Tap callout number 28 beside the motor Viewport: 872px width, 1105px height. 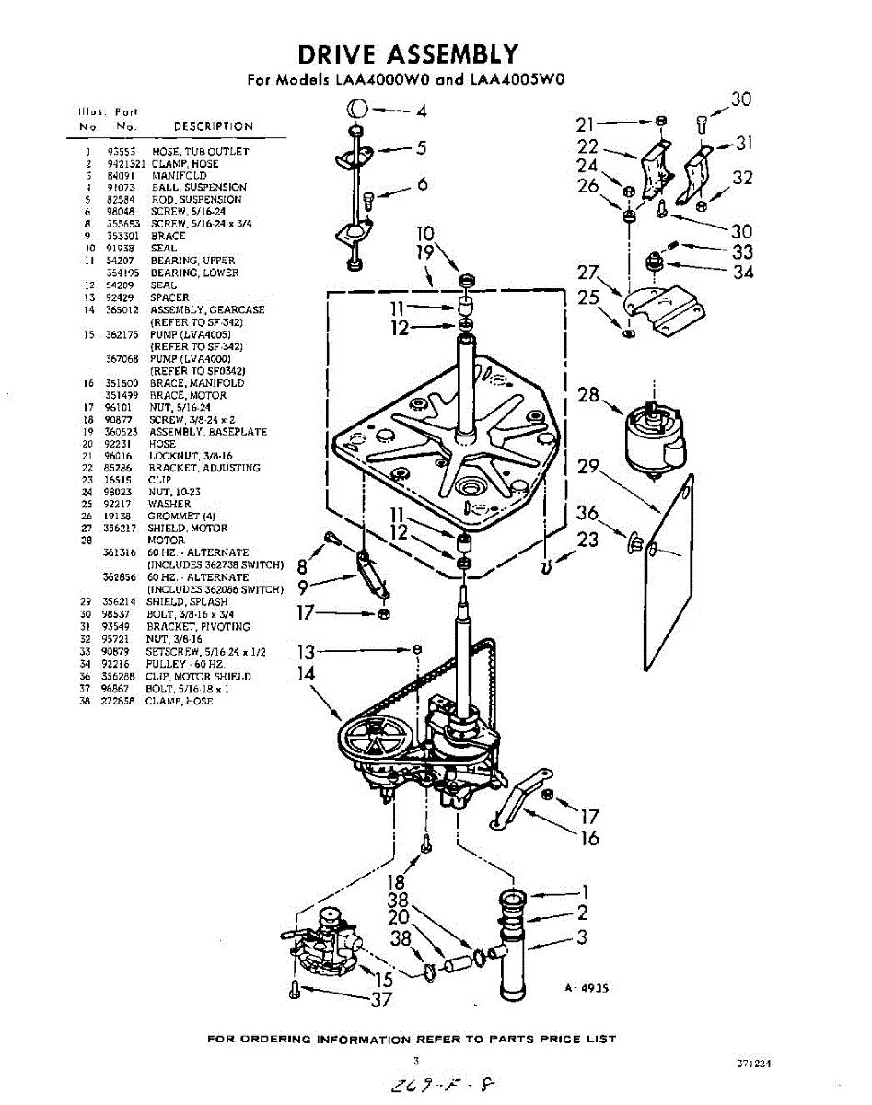click(x=589, y=395)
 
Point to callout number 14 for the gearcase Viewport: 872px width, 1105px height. click(x=305, y=673)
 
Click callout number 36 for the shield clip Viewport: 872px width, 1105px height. click(x=587, y=513)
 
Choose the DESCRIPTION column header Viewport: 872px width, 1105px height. click(x=213, y=126)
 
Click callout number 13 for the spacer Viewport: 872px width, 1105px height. click(x=306, y=652)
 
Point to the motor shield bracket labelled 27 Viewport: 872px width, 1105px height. click(x=661, y=308)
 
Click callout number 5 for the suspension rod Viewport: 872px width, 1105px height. click(x=420, y=147)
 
